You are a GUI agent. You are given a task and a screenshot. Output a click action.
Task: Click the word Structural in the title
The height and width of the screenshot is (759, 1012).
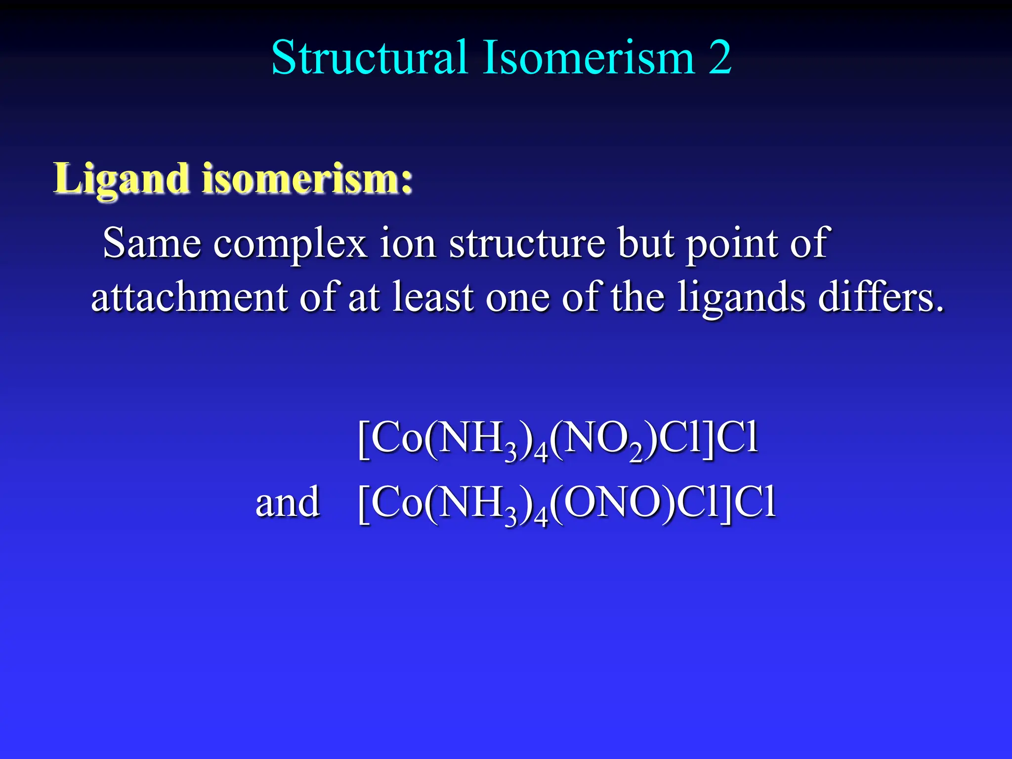pyautogui.click(x=369, y=58)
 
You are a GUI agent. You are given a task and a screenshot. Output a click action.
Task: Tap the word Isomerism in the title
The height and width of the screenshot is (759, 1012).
pyautogui.click(x=590, y=58)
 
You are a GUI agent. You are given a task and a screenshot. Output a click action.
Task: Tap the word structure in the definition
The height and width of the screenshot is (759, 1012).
pyautogui.click(x=527, y=243)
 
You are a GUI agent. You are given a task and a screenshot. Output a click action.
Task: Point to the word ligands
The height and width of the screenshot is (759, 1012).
pyautogui.click(x=741, y=298)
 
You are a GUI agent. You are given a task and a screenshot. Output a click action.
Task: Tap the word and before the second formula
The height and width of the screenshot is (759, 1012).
pyautogui.click(x=288, y=502)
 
